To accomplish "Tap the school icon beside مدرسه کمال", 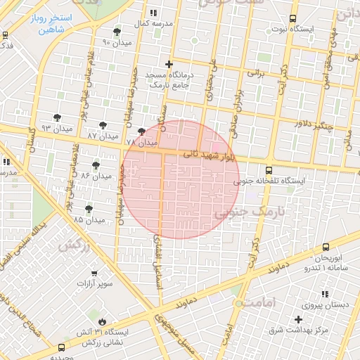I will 153,13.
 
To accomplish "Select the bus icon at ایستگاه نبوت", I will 292,19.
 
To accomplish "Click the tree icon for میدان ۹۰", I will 116,32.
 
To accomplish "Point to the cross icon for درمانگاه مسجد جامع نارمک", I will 169,64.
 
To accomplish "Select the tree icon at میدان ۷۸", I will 141,131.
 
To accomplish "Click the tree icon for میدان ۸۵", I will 89,209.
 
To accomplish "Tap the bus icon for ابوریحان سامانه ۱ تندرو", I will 326,247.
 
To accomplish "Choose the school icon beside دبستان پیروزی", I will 324,294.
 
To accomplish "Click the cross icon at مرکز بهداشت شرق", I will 298,319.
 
